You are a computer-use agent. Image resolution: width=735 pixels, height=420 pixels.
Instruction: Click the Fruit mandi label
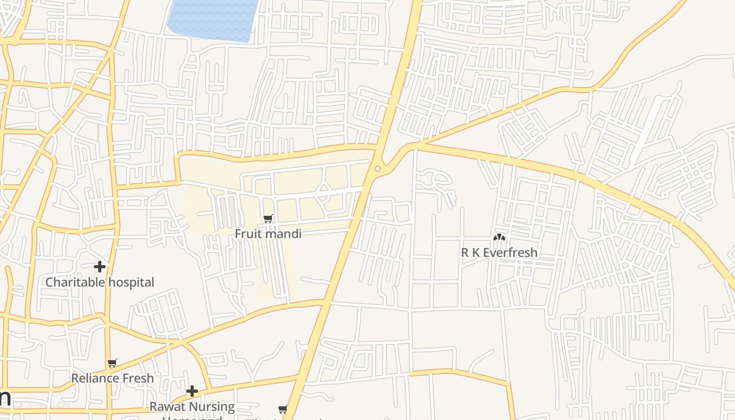(268, 234)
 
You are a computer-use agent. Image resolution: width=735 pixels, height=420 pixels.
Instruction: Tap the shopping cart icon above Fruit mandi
(268, 218)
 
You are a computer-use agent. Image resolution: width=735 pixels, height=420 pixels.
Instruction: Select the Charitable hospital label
(100, 282)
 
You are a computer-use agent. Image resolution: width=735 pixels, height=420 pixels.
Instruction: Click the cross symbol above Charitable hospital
(99, 267)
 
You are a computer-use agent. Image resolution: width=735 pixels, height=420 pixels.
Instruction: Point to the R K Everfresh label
(499, 253)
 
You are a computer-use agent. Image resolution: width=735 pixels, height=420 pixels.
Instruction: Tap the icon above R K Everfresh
(499, 238)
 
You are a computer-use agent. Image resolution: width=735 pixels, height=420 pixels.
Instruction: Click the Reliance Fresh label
(112, 378)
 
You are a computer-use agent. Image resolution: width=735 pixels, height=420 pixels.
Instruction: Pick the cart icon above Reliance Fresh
(112, 363)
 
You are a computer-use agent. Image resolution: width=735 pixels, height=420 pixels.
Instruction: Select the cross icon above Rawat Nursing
(192, 391)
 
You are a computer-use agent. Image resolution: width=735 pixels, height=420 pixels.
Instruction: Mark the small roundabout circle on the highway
(378, 169)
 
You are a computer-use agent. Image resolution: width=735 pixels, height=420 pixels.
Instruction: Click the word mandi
(284, 234)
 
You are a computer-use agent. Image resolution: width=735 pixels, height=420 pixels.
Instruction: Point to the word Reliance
(93, 378)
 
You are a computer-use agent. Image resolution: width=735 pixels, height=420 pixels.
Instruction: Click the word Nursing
(212, 406)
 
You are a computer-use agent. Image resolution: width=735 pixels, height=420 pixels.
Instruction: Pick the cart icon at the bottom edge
(282, 409)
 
